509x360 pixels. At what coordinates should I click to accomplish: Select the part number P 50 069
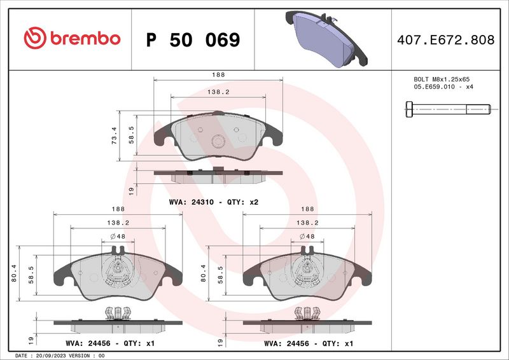pos(193,40)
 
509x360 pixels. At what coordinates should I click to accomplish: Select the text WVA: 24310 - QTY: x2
pos(213,202)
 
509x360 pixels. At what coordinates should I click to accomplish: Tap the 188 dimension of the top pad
pos(218,75)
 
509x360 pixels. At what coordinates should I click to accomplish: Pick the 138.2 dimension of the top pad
pos(218,92)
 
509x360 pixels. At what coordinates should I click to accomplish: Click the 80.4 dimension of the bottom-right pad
pos(203,272)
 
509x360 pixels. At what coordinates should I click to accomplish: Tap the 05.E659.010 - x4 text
pos(443,87)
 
